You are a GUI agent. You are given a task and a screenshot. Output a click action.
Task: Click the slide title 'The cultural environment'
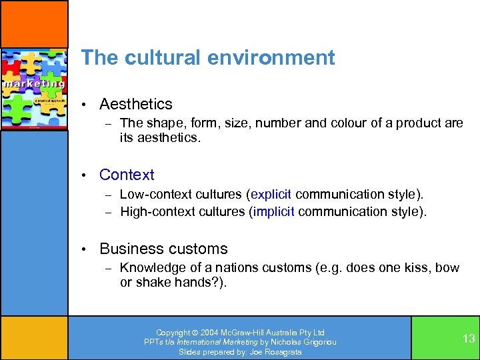[207, 58]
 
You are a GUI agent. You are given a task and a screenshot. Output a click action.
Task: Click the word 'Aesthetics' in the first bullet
[135, 104]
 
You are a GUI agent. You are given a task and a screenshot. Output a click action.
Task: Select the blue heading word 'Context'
[127, 175]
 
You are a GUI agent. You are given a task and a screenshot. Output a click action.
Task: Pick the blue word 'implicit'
[273, 211]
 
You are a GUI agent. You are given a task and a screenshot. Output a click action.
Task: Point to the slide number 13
[469, 339]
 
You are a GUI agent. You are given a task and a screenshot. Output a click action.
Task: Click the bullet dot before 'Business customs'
[84, 249]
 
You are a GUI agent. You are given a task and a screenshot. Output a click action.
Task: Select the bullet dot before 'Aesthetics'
[84, 105]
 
